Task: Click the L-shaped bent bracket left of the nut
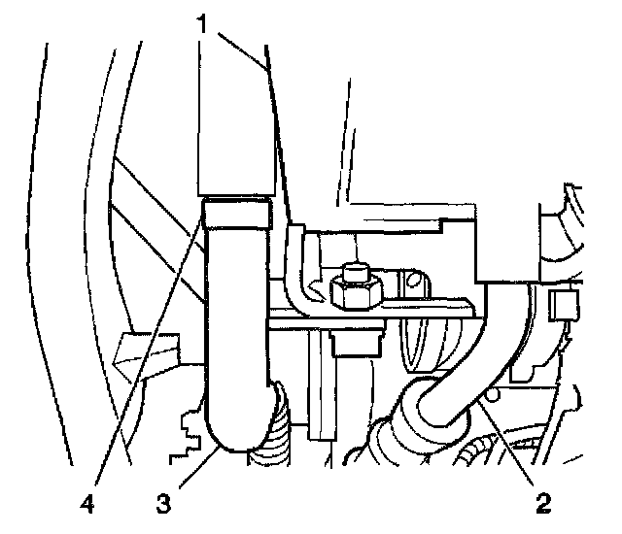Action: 303,272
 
